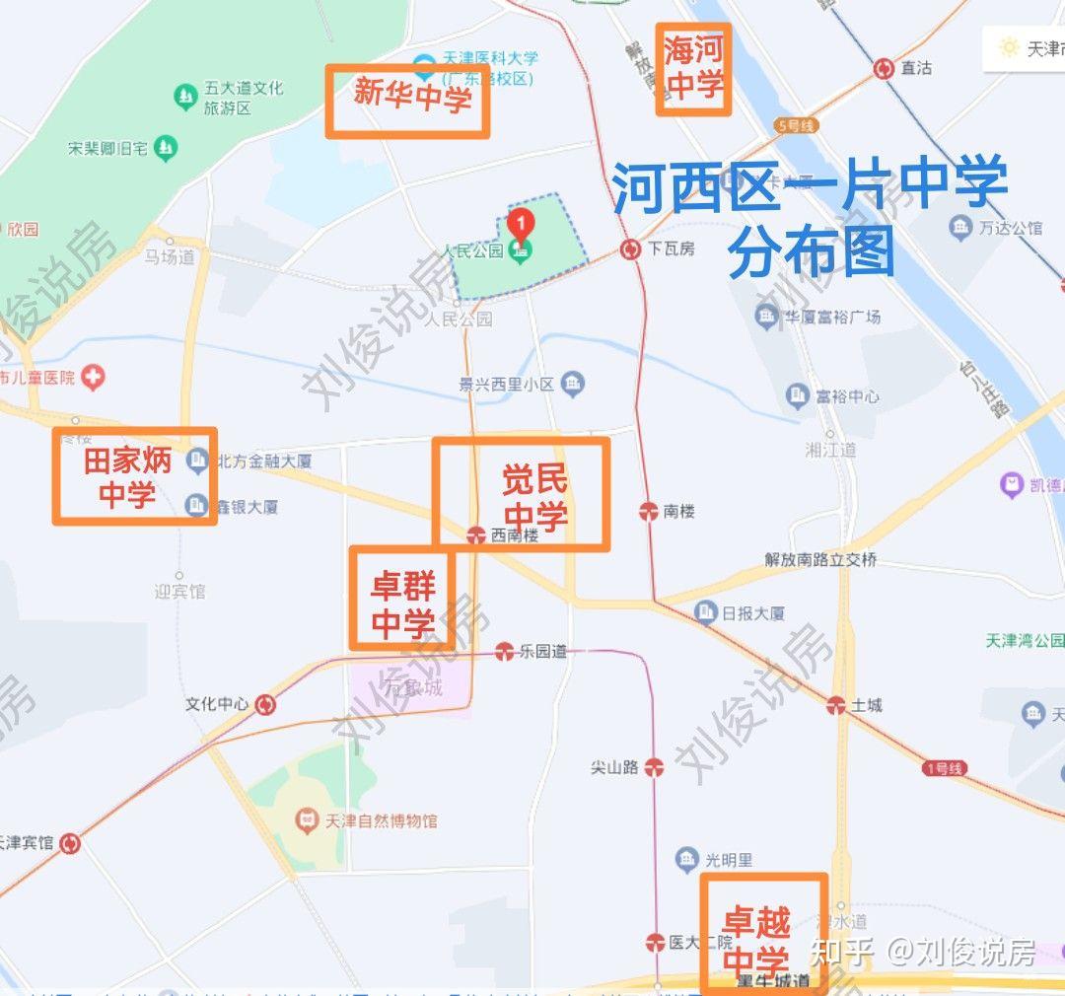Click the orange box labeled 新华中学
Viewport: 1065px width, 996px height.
407,102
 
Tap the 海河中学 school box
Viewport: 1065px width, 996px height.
693,69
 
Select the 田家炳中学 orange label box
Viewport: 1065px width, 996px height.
134,475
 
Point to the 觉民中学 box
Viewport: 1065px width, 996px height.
521,493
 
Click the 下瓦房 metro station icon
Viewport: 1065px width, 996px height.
630,249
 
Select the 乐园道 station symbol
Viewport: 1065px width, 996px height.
505,651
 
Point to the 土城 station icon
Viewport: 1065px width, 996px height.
835,704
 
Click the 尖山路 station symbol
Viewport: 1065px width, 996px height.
652,767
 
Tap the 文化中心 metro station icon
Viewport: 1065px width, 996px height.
265,704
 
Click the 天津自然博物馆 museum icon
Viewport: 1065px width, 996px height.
307,819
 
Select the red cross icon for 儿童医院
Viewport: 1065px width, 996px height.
93,377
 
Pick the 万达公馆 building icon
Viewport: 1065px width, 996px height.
959,228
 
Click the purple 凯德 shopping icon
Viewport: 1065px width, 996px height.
1011,484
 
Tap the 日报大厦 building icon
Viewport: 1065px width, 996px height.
705,612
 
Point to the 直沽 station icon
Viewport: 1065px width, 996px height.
884,68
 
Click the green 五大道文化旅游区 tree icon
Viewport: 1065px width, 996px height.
184,97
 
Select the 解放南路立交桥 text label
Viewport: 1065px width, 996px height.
820,559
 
